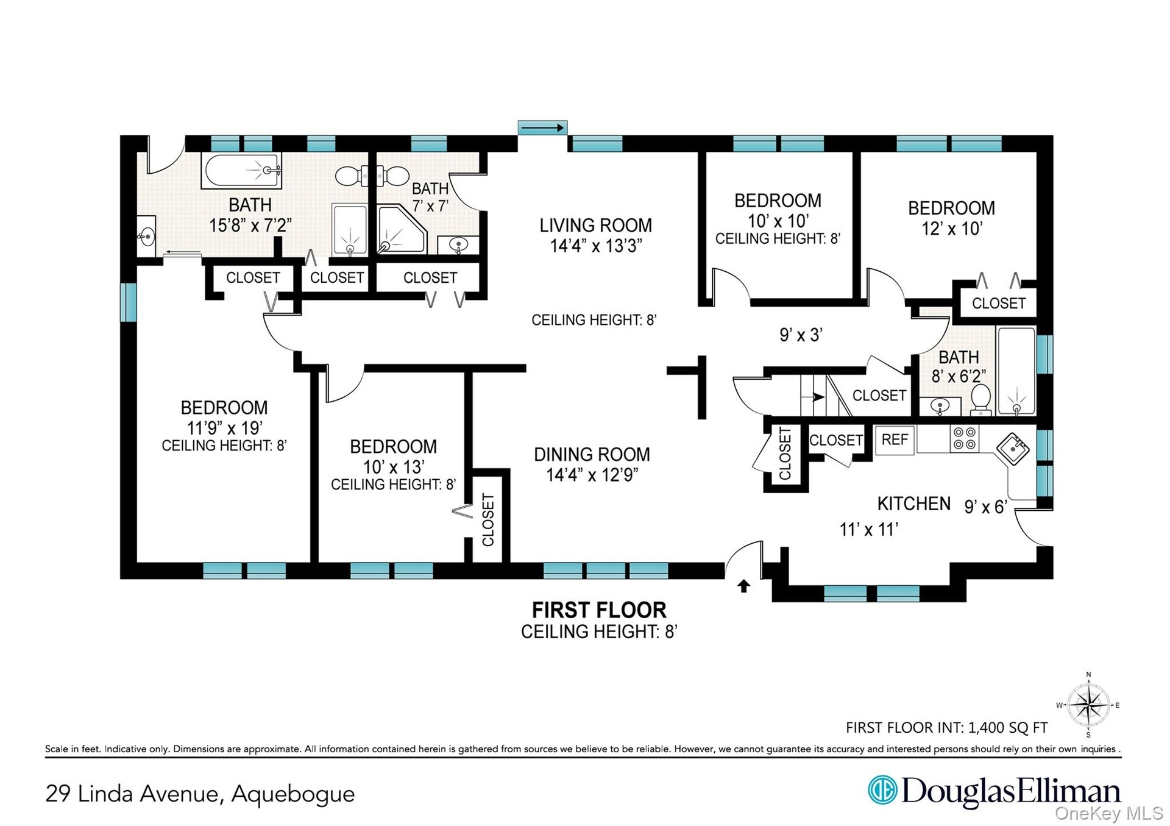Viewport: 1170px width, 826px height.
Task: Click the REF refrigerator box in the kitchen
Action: click(x=895, y=440)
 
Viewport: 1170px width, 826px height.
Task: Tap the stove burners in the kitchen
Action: click(x=965, y=439)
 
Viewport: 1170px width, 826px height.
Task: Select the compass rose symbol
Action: click(x=1089, y=705)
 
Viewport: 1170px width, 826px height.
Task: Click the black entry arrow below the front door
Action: click(x=743, y=586)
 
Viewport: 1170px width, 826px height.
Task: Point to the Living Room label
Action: click(x=595, y=226)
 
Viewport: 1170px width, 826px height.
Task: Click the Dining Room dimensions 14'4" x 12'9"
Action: click(x=592, y=475)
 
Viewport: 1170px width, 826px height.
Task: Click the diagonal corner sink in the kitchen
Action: click(x=1013, y=449)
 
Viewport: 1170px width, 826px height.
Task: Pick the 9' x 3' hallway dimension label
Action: click(x=801, y=335)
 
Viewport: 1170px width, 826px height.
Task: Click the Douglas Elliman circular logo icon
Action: click(x=882, y=790)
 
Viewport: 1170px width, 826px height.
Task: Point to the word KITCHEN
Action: click(x=913, y=504)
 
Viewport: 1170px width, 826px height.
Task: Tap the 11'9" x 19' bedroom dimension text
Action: click(x=224, y=428)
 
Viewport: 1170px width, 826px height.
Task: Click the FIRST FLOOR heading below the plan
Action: click(x=599, y=610)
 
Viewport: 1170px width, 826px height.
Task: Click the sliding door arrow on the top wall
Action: click(x=542, y=128)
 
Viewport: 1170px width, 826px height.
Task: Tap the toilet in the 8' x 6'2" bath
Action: click(x=980, y=400)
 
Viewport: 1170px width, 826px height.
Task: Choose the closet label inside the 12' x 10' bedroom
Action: click(x=999, y=303)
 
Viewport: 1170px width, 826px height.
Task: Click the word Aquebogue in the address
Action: click(x=292, y=794)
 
